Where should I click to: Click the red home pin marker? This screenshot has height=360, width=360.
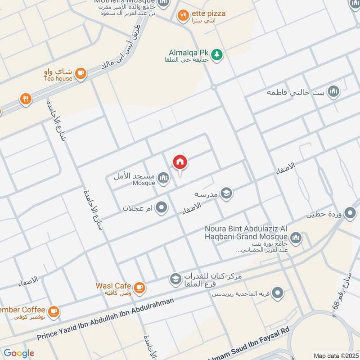[180, 162]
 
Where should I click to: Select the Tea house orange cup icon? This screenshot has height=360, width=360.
[81, 73]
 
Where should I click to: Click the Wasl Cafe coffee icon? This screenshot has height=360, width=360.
[139, 287]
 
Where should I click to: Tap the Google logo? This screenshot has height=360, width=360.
[19, 353]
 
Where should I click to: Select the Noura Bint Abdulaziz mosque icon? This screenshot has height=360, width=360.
[296, 238]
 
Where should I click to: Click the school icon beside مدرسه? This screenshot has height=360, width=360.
[227, 193]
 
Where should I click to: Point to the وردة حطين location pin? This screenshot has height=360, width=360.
[350, 213]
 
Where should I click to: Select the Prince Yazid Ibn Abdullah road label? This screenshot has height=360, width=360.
[105, 320]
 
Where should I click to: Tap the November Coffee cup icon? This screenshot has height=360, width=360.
[54, 310]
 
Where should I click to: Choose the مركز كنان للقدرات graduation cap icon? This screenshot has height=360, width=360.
[175, 279]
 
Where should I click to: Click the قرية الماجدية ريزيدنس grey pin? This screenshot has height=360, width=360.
[279, 293]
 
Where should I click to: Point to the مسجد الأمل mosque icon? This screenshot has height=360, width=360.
[164, 178]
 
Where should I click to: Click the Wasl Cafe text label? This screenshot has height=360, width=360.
[113, 286]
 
